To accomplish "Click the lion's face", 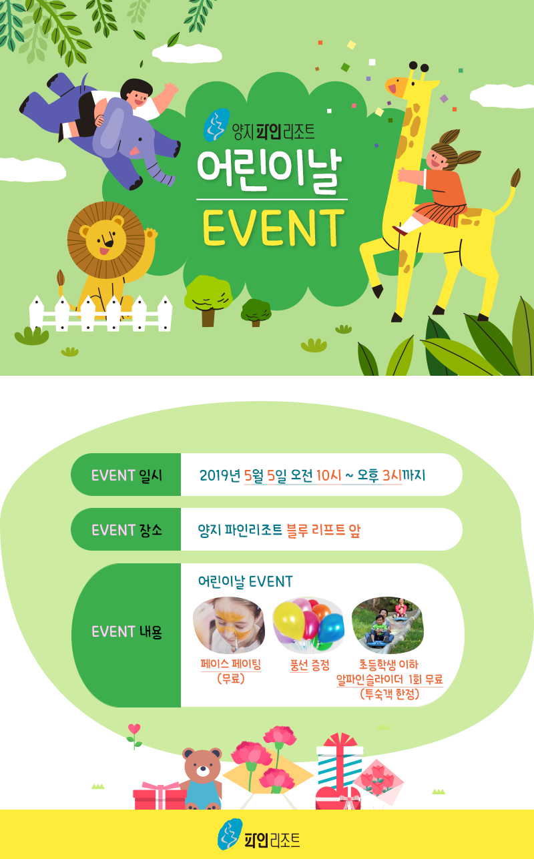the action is coord(105,240).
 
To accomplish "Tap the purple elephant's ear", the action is coord(111,127).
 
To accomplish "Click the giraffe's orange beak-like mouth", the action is coord(396,84).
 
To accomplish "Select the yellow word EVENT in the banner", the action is coord(274,227).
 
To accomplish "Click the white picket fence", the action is coord(101,312).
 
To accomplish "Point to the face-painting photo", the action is coord(229,625).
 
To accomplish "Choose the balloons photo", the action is coord(309,625).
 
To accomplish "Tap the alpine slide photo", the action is coord(388,625).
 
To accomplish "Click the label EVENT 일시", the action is coord(127,475).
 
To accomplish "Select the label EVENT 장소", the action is coord(127,531).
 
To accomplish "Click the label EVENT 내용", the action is coord(127,631).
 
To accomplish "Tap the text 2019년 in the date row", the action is coord(220,475).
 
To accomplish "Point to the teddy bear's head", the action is coord(202,765).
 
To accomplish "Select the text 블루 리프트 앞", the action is coord(323,531).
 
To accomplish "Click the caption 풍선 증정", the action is coord(310,665).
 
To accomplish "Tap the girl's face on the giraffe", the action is coord(438,158).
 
